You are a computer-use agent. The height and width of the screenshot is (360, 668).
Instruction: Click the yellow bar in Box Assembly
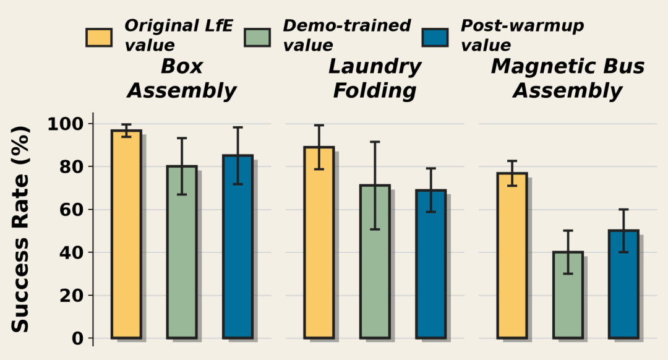coord(126,234)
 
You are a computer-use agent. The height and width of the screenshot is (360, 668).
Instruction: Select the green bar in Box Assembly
coord(182,252)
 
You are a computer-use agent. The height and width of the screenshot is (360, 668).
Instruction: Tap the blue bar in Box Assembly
coord(238,247)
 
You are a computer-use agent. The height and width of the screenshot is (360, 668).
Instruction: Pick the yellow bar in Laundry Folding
coord(319,242)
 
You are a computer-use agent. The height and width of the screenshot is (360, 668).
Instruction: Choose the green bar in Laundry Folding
coord(375,262)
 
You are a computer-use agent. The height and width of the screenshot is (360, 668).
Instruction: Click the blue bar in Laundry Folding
coord(430,264)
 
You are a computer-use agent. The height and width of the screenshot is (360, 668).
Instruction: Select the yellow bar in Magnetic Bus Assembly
coord(512,255)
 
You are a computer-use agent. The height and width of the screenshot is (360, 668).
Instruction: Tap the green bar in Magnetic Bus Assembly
coord(568,295)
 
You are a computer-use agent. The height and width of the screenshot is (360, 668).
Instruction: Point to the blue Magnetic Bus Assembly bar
coord(623,284)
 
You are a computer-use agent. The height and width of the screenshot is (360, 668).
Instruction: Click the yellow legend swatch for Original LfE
coord(99,38)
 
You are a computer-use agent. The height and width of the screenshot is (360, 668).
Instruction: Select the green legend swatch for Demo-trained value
coord(257,38)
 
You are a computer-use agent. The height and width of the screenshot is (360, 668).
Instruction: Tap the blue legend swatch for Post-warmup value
coord(435,38)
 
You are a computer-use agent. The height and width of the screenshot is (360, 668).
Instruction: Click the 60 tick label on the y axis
coord(71,210)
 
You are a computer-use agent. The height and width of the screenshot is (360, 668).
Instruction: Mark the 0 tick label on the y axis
coord(77,338)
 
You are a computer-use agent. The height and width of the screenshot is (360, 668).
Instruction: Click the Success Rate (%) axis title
coord(20,229)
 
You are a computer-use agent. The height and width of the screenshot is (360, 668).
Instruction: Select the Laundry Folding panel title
coord(375,79)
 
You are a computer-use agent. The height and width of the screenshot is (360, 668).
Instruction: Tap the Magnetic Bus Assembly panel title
coord(568,79)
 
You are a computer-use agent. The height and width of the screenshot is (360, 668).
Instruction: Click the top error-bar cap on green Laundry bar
coord(375,142)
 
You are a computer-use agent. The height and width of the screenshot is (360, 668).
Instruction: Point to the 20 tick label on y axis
coord(71,295)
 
